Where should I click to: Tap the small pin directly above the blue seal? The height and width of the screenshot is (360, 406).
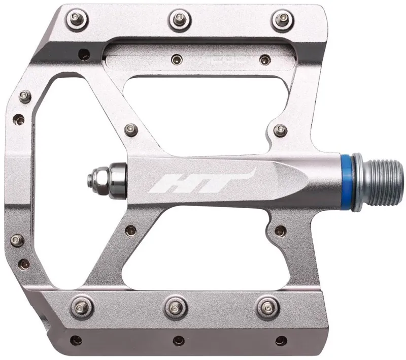[x=280, y=130]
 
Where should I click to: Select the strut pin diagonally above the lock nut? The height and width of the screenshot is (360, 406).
[x=132, y=128]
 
